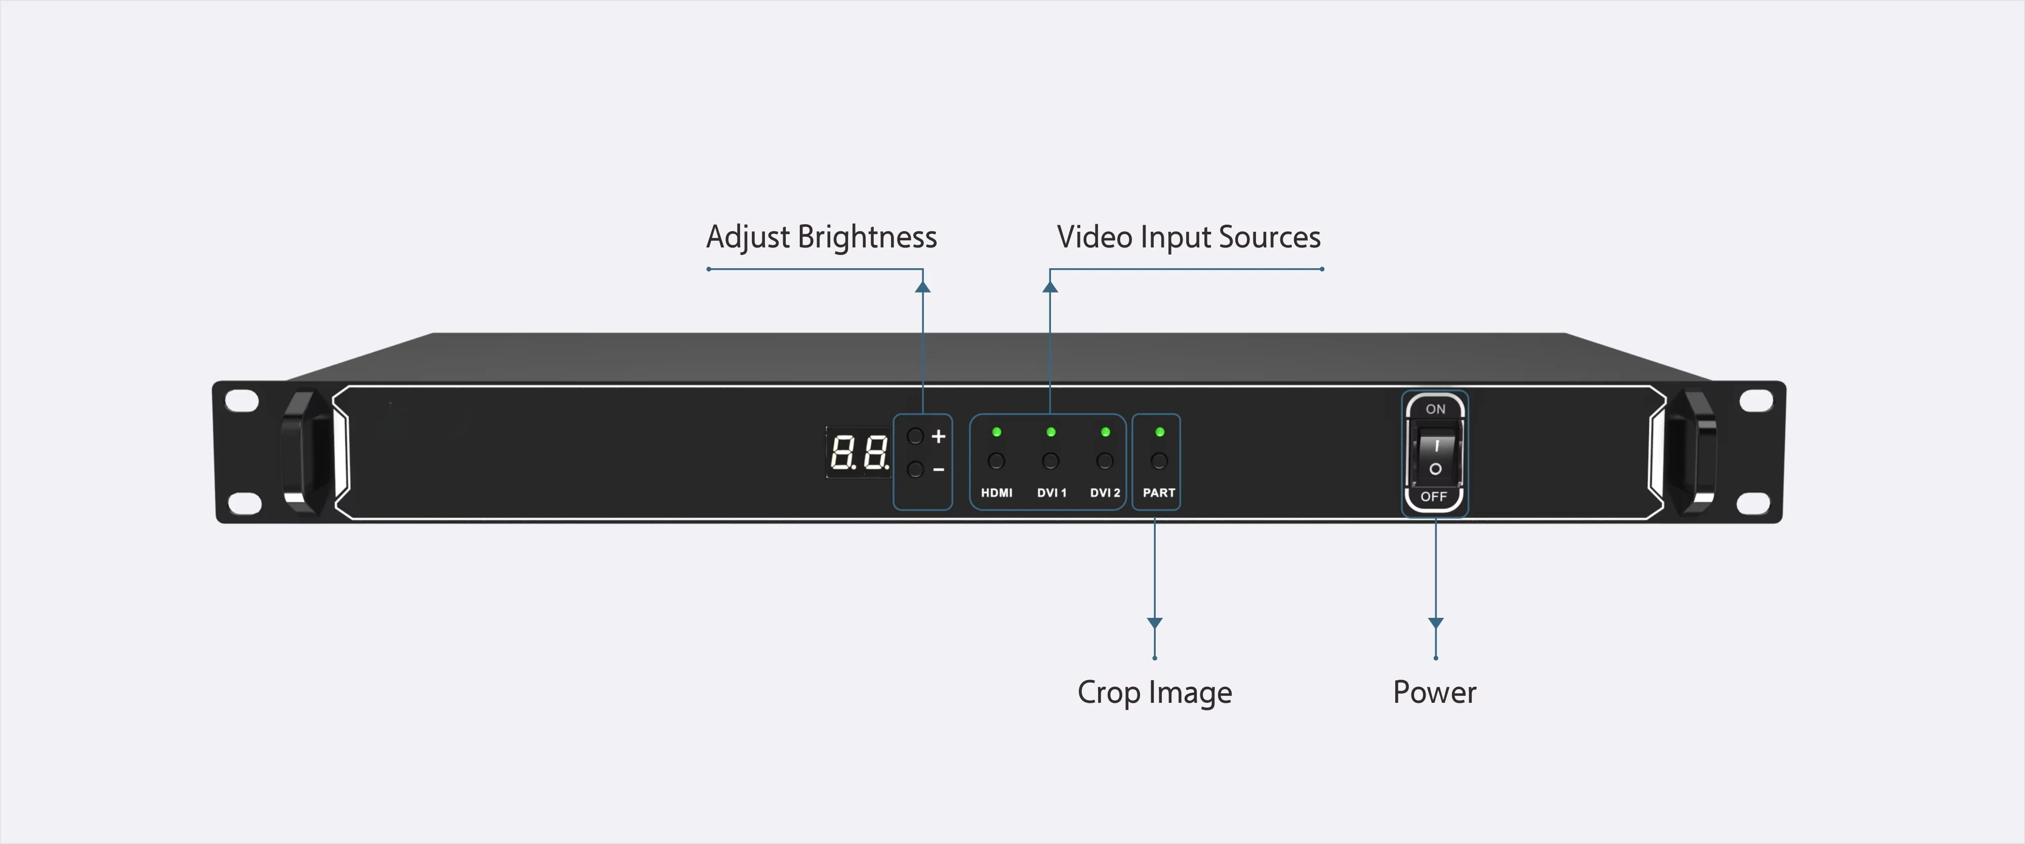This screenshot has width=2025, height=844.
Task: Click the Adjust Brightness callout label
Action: [x=822, y=237]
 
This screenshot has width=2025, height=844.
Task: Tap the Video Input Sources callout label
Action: [x=1189, y=237]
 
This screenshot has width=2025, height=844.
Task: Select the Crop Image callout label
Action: [x=1155, y=692]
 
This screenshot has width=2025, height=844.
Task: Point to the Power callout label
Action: [x=1435, y=692]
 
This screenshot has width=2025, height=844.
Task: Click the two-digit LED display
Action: [x=859, y=453]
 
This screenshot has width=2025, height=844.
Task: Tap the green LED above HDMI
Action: [x=997, y=432]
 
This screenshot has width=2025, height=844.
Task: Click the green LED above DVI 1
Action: [x=1051, y=432]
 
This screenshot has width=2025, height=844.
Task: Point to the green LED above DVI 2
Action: [x=1105, y=432]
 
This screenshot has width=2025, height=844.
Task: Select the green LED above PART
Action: [x=1159, y=432]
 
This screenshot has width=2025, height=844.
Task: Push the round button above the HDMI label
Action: [x=996, y=461]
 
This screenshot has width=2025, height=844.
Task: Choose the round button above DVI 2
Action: [x=1105, y=461]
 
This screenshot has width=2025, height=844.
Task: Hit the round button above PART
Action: [x=1159, y=461]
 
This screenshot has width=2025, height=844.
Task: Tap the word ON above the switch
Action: [x=1435, y=409]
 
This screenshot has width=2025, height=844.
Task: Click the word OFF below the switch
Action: [x=1434, y=497]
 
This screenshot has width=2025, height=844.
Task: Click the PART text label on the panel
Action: [x=1159, y=493]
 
